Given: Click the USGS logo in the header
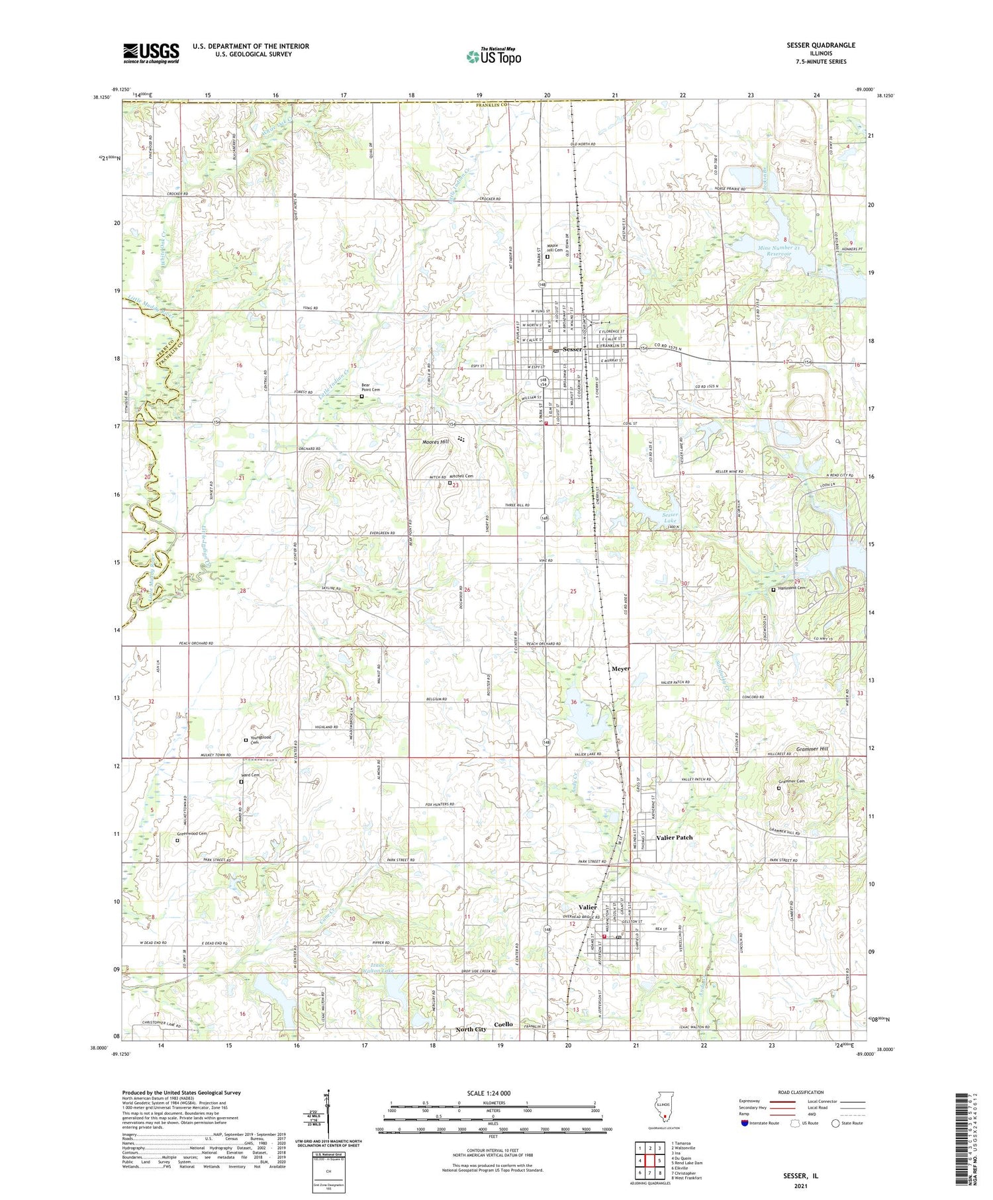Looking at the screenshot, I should point(151,53).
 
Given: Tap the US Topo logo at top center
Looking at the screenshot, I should point(493,56).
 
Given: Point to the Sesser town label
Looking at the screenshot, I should point(572,349).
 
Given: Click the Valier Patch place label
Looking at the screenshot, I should point(674,837).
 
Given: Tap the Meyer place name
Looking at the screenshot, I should point(620,669).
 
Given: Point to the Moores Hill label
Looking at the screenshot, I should point(436,441).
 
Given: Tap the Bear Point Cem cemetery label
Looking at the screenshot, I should point(371,389).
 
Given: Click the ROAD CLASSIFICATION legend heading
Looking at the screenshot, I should point(801,1093).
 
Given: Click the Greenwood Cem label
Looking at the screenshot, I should point(196,834).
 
